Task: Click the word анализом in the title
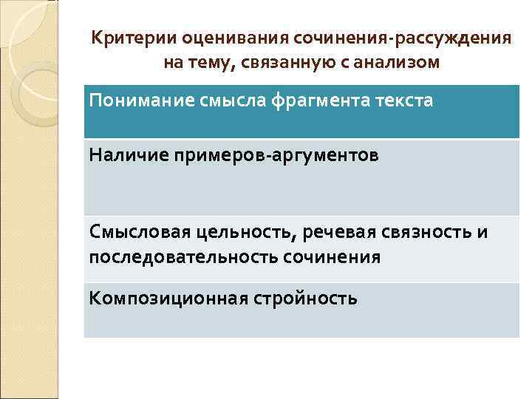click(x=398, y=63)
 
